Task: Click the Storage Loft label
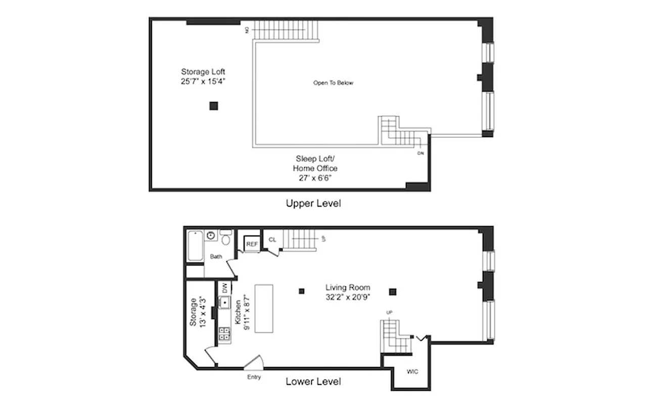click(x=203, y=76)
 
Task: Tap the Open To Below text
click(x=333, y=83)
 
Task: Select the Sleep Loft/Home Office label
click(x=315, y=168)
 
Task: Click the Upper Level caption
click(x=313, y=204)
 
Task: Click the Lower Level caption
click(x=313, y=381)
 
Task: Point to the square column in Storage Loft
click(x=214, y=106)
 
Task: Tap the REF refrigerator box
click(x=252, y=244)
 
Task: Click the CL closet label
click(x=272, y=240)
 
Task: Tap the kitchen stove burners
click(x=224, y=333)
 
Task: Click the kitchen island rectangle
click(x=264, y=309)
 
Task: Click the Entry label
click(x=254, y=377)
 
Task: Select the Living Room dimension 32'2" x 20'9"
click(x=348, y=297)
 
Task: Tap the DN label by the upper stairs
click(x=421, y=153)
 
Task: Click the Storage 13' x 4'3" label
click(x=197, y=311)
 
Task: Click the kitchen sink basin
click(x=224, y=303)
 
